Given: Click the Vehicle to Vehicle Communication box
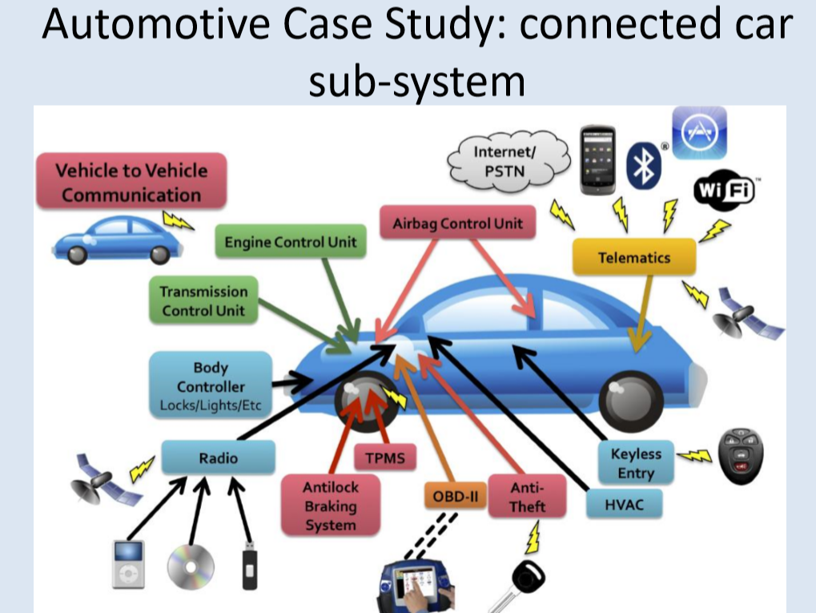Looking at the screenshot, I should pyautogui.click(x=132, y=182).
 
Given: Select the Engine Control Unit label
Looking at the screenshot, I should pyautogui.click(x=291, y=242).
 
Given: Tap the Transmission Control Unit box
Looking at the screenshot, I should pyautogui.click(x=203, y=300).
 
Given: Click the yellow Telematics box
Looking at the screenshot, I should pyautogui.click(x=633, y=257).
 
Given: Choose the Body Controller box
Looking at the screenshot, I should pyautogui.click(x=210, y=385).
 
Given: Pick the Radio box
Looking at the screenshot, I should pyautogui.click(x=218, y=458).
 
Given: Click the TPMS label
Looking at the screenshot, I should pyautogui.click(x=385, y=459).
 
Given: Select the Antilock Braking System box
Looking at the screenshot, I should pyautogui.click(x=330, y=506).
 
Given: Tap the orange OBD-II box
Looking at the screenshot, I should pyautogui.click(x=454, y=496).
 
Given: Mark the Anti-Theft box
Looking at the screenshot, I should pyautogui.click(x=527, y=497).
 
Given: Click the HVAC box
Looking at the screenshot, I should pyautogui.click(x=624, y=504).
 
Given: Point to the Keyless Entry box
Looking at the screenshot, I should pyautogui.click(x=636, y=463).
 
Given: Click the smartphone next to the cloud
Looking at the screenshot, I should pyautogui.click(x=597, y=159).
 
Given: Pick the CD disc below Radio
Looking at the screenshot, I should pyautogui.click(x=191, y=566).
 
